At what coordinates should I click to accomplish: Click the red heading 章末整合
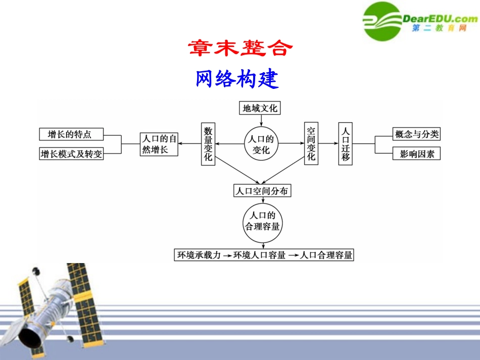click(x=241, y=48)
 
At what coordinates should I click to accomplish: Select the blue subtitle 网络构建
click(x=237, y=79)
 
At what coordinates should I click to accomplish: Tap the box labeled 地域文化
click(x=260, y=108)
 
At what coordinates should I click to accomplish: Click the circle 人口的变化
click(x=261, y=144)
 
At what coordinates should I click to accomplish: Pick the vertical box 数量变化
click(x=208, y=144)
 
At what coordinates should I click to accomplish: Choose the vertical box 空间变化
click(x=311, y=144)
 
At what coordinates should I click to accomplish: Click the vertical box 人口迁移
click(x=346, y=144)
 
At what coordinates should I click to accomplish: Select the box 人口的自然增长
click(x=159, y=144)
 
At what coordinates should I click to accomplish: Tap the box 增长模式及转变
click(x=71, y=153)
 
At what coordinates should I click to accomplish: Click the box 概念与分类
click(x=416, y=134)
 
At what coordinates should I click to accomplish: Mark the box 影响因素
click(x=416, y=153)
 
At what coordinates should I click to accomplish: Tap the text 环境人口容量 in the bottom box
click(x=259, y=255)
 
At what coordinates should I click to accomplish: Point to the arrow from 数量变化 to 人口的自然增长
click(x=189, y=144)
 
